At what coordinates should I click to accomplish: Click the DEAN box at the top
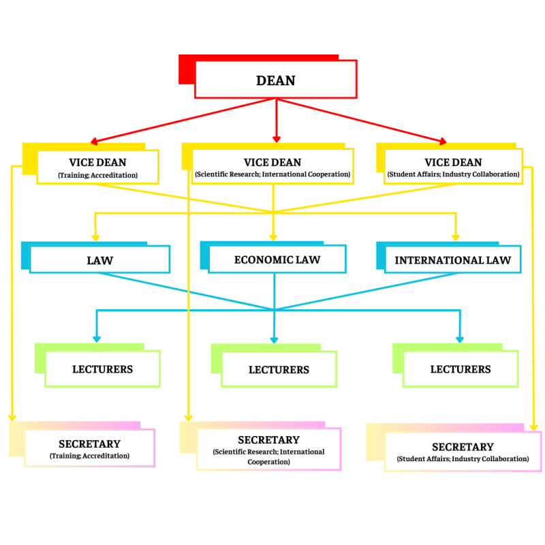point(275,80)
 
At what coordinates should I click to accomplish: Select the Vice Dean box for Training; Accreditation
point(97,167)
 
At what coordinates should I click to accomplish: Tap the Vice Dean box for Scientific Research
point(272,167)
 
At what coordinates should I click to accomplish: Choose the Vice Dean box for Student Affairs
point(453,167)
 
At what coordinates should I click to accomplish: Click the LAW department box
point(99,260)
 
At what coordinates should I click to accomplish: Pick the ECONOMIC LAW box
point(277,260)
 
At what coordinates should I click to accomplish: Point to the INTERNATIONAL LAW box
point(452,260)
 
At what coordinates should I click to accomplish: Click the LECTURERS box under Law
point(102,369)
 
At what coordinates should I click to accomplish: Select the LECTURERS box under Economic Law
point(279,370)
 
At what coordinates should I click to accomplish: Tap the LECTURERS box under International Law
point(461,369)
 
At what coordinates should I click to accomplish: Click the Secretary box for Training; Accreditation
point(89,448)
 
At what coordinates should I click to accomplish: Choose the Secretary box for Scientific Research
point(268,449)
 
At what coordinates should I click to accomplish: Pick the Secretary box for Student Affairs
point(463,451)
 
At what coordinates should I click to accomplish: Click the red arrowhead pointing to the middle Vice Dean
point(276,140)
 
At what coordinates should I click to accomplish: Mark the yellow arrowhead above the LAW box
point(95,236)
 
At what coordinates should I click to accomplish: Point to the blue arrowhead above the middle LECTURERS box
point(275,339)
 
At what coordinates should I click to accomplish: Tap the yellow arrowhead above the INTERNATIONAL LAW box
point(456,236)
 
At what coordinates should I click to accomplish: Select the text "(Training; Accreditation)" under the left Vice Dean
point(97,175)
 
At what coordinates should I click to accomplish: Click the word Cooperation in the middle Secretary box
point(268,461)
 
